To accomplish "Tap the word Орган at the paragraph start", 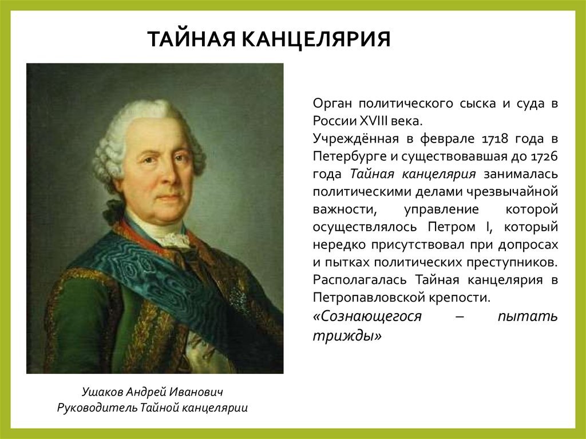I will coord(332,104).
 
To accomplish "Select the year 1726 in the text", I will coord(543,156).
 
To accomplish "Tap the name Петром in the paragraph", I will coord(454,227).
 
